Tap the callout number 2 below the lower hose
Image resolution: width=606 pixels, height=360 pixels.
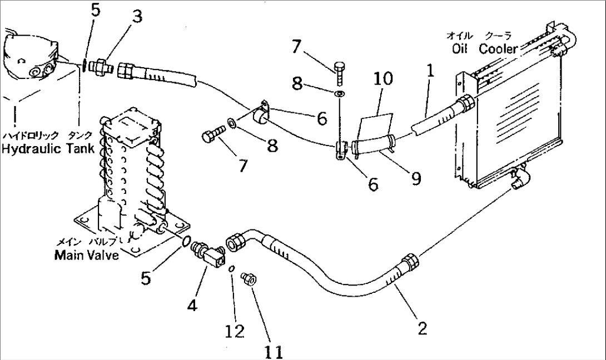[423, 329]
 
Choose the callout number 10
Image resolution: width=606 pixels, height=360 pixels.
[383, 78]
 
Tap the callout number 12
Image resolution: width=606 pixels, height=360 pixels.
[235, 331]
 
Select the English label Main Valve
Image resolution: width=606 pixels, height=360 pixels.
[86, 256]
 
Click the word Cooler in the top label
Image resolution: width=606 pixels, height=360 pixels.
[498, 49]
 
